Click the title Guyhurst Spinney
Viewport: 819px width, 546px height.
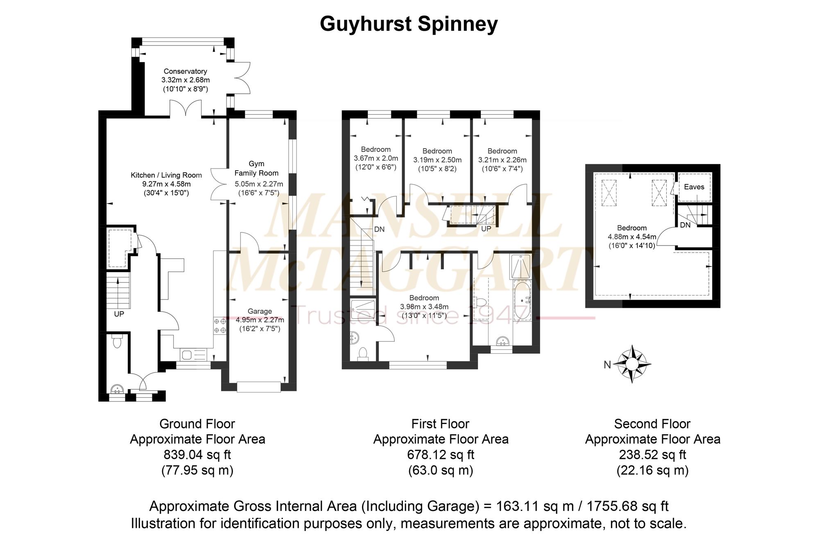click(409, 24)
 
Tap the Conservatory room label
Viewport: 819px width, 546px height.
click(186, 71)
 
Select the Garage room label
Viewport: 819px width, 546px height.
click(260, 311)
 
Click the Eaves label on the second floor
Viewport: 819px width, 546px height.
click(694, 187)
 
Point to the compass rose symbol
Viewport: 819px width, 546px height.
click(633, 363)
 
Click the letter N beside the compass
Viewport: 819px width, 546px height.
click(607, 364)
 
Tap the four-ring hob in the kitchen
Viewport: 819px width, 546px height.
click(220, 326)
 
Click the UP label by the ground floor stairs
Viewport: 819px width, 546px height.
click(119, 314)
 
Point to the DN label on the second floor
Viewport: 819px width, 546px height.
click(685, 225)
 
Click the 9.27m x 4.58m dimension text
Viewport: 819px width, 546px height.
click(166, 184)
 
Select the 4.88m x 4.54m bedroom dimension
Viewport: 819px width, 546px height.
click(632, 237)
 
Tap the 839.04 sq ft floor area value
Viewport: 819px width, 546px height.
click(197, 455)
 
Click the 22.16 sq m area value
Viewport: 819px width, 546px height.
click(652, 470)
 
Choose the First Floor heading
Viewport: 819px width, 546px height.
click(440, 424)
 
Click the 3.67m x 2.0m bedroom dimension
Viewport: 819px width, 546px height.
click(376, 158)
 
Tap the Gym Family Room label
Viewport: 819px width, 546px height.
click(256, 168)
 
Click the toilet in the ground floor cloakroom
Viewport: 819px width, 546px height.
click(118, 341)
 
